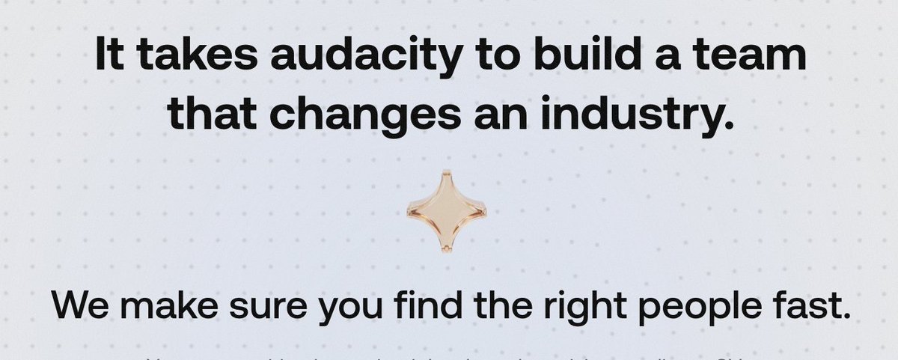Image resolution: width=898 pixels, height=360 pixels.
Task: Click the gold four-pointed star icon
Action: [x=446, y=212]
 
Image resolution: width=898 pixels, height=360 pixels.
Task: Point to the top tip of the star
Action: [x=446, y=173]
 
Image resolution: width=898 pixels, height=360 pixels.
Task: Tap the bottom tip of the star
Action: [x=446, y=249]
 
